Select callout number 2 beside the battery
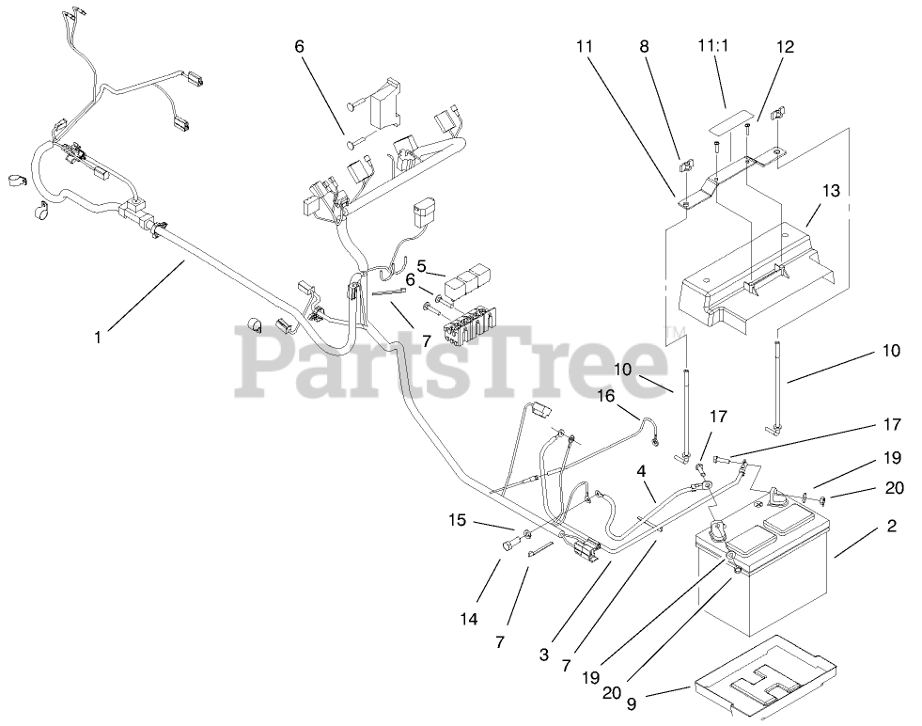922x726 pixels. click(890, 527)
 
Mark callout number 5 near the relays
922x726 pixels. click(422, 266)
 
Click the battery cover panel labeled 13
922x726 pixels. click(752, 282)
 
